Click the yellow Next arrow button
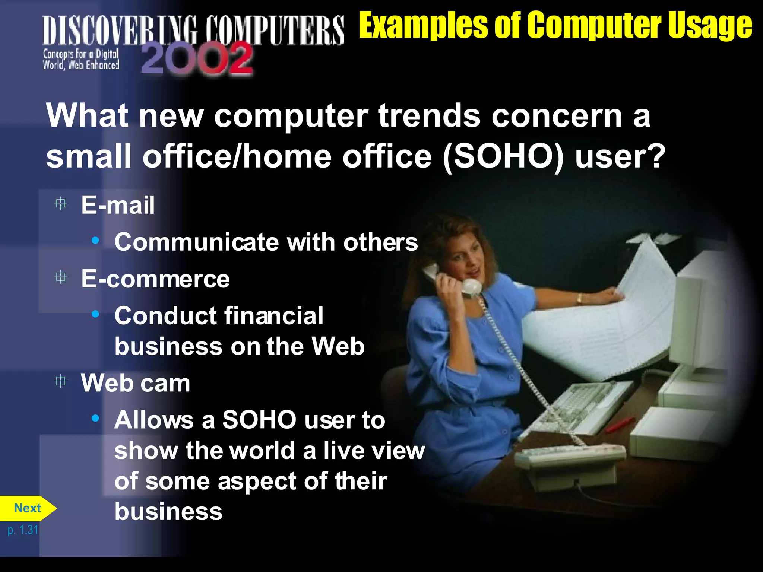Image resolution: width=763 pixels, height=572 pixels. click(27, 508)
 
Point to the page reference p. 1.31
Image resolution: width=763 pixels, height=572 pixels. click(23, 530)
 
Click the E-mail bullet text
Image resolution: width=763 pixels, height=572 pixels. click(118, 205)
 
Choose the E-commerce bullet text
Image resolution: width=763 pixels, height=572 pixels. click(155, 279)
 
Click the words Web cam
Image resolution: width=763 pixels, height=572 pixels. click(136, 383)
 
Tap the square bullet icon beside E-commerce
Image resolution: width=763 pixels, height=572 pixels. click(60, 277)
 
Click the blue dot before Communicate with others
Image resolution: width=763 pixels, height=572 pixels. click(96, 241)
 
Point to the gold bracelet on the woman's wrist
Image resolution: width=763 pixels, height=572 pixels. click(579, 298)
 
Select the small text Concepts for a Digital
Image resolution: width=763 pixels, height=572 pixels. click(81, 54)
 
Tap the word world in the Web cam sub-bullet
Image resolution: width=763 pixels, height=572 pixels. click(263, 451)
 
